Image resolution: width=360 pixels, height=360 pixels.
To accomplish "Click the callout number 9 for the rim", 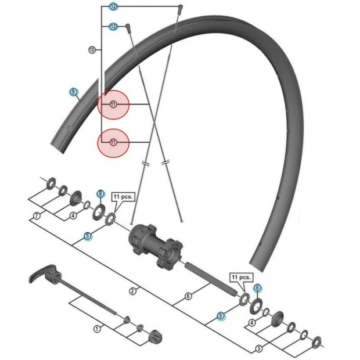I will (x=73, y=92).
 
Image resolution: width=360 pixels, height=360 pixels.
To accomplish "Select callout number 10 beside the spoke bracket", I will (x=91, y=50).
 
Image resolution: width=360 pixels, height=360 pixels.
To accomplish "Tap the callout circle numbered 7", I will (x=37, y=215).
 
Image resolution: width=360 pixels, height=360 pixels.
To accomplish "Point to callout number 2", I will (x=132, y=290).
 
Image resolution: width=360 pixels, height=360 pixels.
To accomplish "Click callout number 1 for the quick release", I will (x=97, y=329).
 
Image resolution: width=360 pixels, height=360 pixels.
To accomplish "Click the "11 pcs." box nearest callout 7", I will (x=123, y=197).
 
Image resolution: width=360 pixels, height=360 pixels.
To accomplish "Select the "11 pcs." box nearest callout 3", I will (x=242, y=278).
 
